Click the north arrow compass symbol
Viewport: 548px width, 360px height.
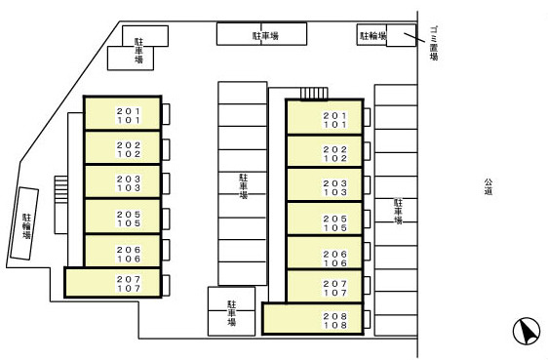coord(527,331)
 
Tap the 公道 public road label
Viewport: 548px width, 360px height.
coord(489,186)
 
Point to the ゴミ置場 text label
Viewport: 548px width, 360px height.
coord(434,43)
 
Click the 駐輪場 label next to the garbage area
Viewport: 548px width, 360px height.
coord(373,36)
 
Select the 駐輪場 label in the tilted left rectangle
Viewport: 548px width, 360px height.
coord(26,226)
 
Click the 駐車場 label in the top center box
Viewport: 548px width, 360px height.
coord(265,36)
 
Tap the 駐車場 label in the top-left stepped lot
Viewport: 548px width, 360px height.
coord(138,51)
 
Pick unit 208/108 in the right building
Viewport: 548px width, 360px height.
coord(313,319)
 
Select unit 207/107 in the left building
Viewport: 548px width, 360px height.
coord(113,283)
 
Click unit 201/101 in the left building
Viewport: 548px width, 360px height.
coord(123,113)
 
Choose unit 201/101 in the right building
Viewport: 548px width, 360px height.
coord(325,117)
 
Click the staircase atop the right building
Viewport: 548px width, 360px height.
coord(314,94)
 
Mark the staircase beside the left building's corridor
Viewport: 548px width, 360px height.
coord(60,189)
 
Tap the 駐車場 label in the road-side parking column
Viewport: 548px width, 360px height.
coord(398,211)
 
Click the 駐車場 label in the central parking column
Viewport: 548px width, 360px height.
coord(243,186)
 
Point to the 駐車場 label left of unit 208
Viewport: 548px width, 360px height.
coord(232,313)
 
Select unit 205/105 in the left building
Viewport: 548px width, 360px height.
coord(123,216)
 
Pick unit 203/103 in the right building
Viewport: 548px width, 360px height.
coord(325,185)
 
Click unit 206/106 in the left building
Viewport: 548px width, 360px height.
coord(123,251)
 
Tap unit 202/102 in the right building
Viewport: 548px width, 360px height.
coord(325,151)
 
